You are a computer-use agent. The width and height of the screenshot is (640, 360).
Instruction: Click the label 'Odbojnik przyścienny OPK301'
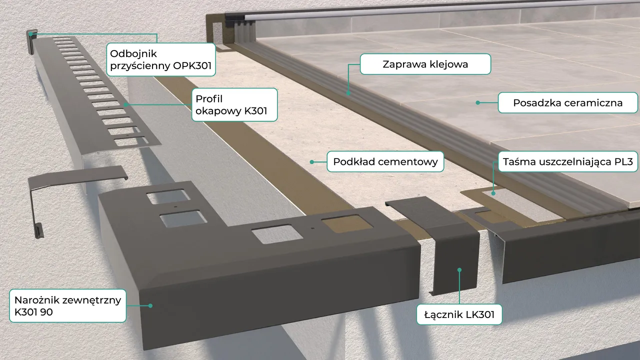click(161, 59)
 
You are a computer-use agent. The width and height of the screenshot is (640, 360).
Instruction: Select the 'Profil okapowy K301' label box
click(234, 104)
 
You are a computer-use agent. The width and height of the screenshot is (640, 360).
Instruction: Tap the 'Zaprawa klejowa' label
click(425, 64)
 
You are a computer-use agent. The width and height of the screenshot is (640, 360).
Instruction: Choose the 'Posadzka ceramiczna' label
click(567, 102)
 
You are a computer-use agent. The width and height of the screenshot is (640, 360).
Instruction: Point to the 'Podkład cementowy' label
click(385, 161)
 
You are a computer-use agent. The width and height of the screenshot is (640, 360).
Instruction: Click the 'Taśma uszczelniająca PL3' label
click(568, 161)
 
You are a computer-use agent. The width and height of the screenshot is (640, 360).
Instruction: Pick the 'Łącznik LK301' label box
click(459, 314)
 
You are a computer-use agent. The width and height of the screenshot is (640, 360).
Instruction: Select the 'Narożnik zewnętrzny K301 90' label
click(67, 305)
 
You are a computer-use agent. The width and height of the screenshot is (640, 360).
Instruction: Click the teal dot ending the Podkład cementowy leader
click(312, 162)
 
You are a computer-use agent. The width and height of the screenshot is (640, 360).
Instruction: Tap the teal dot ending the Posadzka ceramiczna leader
click(477, 102)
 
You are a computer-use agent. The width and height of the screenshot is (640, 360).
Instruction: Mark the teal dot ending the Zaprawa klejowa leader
click(348, 93)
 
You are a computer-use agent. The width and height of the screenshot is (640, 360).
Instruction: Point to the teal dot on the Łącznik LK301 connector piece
click(459, 269)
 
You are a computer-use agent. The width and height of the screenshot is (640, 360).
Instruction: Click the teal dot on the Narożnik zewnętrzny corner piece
click(150, 305)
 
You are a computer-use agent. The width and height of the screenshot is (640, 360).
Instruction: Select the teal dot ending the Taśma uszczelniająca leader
click(493, 193)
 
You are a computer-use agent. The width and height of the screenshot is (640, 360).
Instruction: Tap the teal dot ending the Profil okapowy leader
click(125, 105)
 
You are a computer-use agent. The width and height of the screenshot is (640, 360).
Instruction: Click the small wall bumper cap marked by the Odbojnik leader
click(31, 41)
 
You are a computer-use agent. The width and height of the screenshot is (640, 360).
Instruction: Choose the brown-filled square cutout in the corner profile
click(347, 223)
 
